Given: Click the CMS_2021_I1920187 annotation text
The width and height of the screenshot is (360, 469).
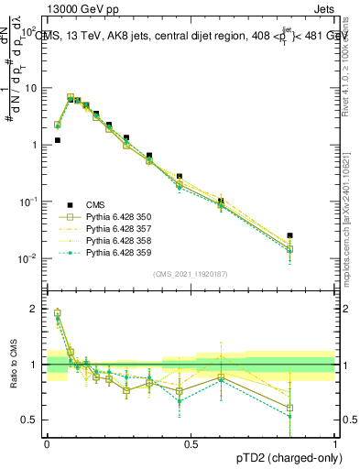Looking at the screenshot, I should click(x=191, y=274).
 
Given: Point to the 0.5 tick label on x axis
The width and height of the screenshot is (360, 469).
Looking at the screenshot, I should click(x=191, y=443).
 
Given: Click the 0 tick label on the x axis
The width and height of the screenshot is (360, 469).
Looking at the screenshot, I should click(x=47, y=443).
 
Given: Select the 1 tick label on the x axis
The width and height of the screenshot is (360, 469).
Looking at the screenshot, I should click(x=334, y=443).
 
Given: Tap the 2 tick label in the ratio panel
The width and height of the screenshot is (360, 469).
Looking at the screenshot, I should click(x=36, y=309).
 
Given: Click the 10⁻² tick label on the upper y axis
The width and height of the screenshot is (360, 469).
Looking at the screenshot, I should click(x=31, y=258).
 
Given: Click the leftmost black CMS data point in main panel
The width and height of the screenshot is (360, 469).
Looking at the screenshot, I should click(x=58, y=140).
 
